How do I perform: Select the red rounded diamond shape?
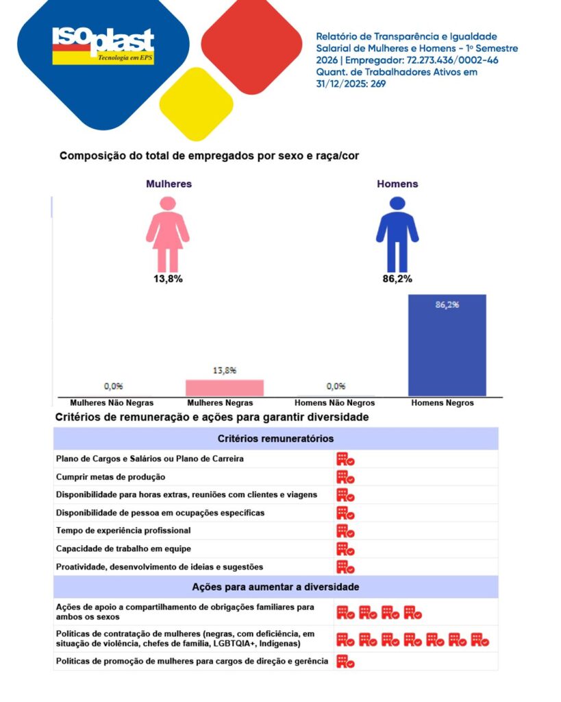coord(252,46)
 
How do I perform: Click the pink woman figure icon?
coord(167,234)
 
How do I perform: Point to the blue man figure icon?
coord(397,234)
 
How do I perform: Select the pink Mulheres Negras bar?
coord(225,387)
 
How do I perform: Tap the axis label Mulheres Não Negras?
coord(112,403)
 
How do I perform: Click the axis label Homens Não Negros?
coord(334,403)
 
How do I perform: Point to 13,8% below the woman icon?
coord(167,279)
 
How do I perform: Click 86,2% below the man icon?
coord(397,279)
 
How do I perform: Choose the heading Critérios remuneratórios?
coord(275,439)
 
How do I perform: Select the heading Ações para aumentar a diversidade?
coord(275,587)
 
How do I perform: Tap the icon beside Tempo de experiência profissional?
coord(345,531)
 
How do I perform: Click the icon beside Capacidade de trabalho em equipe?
coord(345,548)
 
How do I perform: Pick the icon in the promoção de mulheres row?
coord(345,662)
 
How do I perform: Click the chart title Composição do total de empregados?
coord(209,156)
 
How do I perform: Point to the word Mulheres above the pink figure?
coord(169,184)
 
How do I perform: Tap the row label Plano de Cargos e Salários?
coord(149,459)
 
